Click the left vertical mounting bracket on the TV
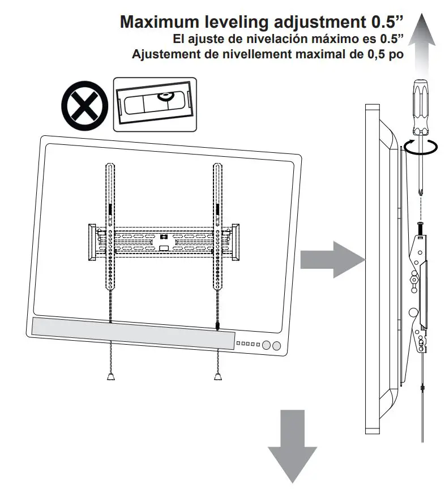click(109, 226)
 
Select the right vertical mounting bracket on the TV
click(217, 226)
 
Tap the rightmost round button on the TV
click(276, 346)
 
